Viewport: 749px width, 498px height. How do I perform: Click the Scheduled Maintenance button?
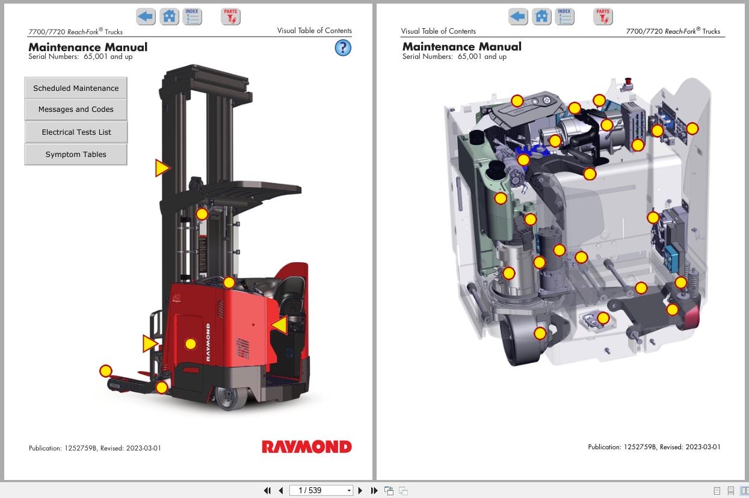coord(76,88)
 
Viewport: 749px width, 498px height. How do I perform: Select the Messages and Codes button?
coord(76,109)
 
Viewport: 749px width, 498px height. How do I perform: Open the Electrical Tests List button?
coord(76,132)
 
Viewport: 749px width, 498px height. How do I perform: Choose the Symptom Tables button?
coord(76,155)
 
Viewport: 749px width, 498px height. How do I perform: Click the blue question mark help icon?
coord(343,48)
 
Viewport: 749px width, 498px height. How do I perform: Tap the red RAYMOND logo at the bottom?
coord(307,447)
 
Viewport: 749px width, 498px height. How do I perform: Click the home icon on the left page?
coord(169,16)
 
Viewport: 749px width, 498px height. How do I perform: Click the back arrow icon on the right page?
coord(518,16)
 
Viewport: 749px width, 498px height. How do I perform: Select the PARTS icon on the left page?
coord(230,16)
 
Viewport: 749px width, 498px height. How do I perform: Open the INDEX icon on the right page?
coord(564,16)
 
